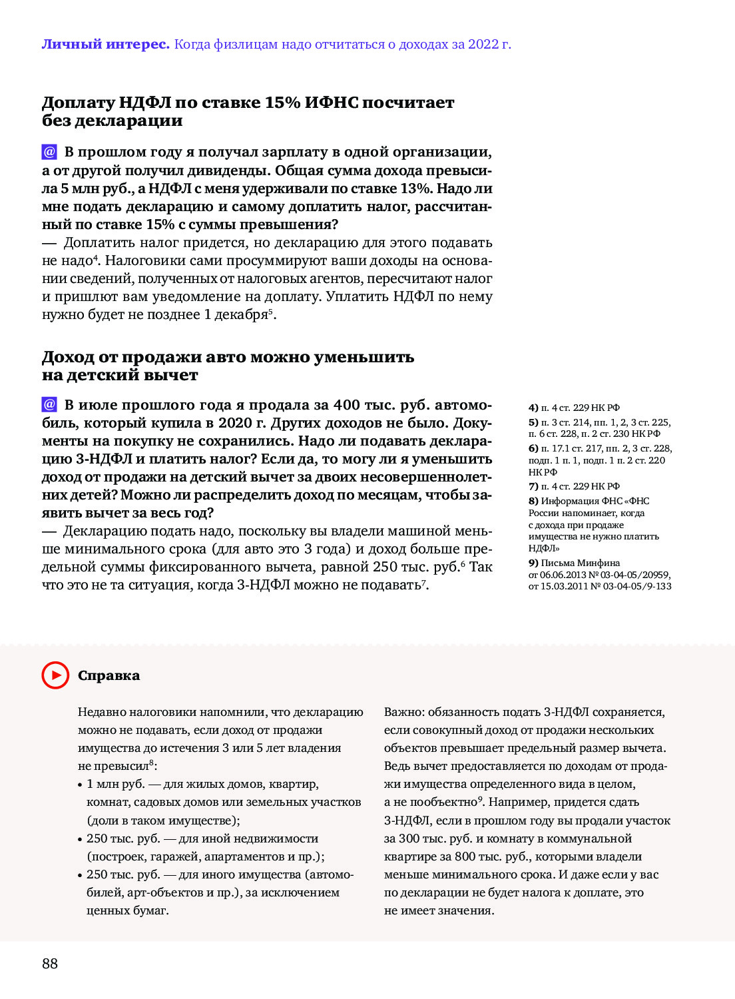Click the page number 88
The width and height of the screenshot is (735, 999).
coord(50,963)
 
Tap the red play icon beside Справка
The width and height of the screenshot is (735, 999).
coord(55,675)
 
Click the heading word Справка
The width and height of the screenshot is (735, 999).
coord(109,675)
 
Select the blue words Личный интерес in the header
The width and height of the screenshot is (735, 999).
coord(105,45)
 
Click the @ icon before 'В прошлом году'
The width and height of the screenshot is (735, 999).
coord(49,152)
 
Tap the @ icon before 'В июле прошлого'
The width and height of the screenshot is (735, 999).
coord(49,404)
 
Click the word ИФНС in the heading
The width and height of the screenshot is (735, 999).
coord(332,103)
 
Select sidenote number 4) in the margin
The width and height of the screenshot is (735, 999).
coord(533,408)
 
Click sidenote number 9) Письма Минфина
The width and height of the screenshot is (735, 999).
coord(533,563)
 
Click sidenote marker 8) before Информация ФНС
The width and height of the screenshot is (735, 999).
coord(533,501)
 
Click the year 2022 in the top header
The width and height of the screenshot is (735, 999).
coord(483,45)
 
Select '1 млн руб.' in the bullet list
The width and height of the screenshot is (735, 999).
coord(115,784)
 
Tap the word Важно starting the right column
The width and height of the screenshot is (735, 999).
coord(403,712)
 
